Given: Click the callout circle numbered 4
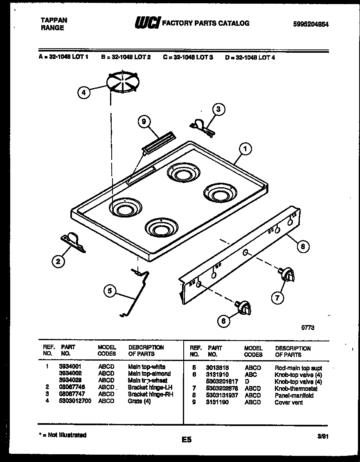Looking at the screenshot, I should (x=83, y=93).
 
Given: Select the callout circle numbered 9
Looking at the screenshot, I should (x=144, y=121).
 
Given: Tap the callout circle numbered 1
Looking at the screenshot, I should (x=245, y=150).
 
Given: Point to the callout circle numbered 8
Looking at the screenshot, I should (x=302, y=246).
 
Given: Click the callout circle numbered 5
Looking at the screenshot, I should (x=109, y=291).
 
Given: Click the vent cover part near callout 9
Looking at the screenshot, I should (x=158, y=144).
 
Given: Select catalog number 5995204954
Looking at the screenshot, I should (x=311, y=24).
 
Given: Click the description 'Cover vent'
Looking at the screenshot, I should (x=288, y=402).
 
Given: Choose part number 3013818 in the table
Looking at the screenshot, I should (x=217, y=368).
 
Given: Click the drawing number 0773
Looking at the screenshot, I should (x=308, y=327).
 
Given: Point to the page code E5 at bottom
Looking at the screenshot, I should (x=186, y=440).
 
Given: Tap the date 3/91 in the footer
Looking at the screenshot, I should (x=322, y=436).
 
